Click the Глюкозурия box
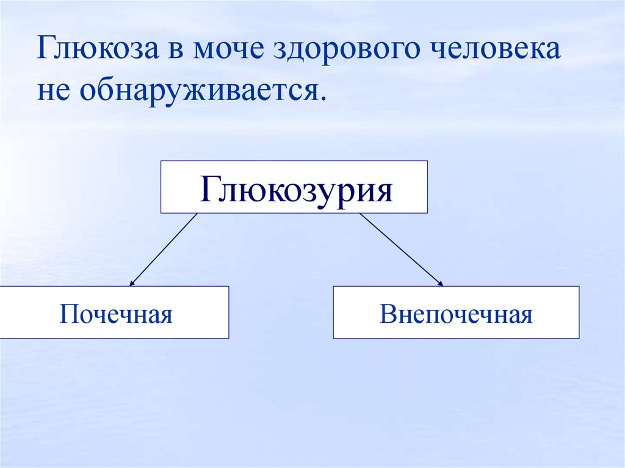point(294,187)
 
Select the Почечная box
point(115,312)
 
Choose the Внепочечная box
point(456,312)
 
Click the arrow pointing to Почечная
point(164,250)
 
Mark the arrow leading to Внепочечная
point(401,250)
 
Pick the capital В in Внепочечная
point(386,315)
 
